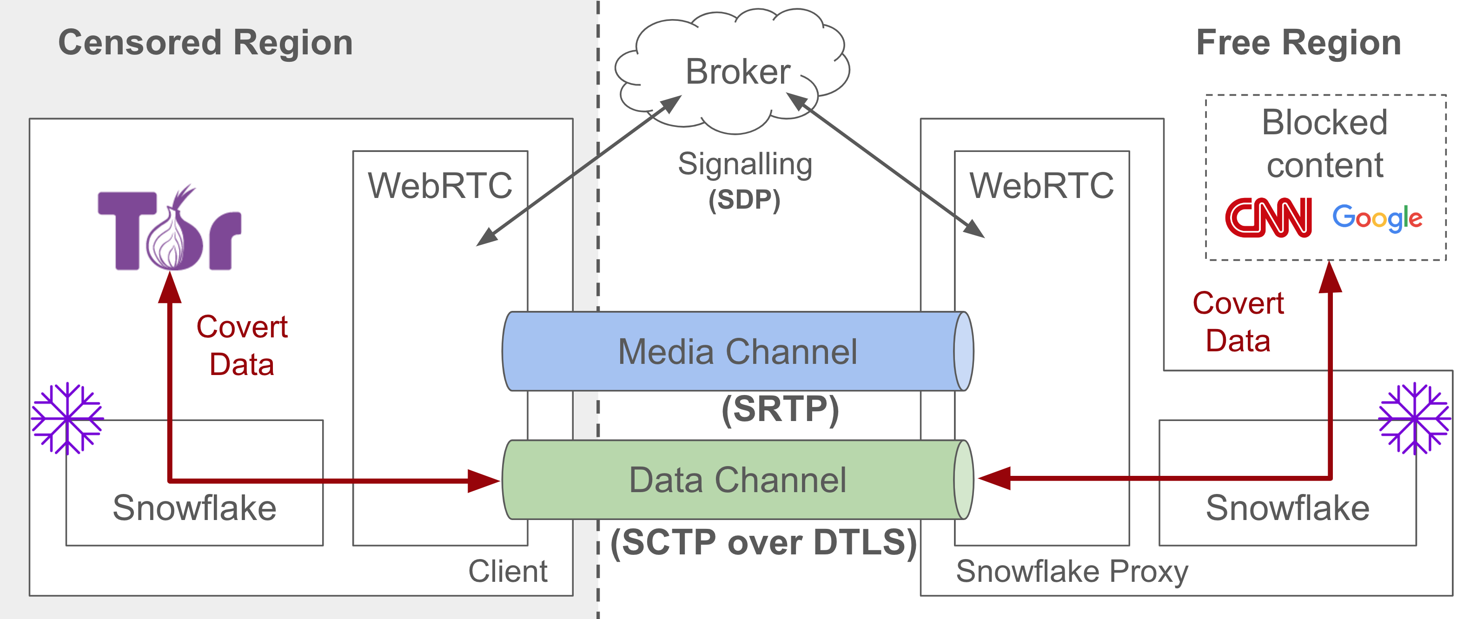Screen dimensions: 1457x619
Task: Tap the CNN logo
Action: (x=1269, y=217)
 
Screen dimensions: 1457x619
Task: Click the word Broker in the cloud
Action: (x=737, y=72)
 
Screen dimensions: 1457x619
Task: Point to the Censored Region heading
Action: (x=206, y=43)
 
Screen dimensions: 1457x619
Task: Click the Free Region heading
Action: (x=1298, y=43)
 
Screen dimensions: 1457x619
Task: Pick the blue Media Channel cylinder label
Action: (x=737, y=352)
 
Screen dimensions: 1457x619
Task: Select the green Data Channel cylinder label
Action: (x=737, y=480)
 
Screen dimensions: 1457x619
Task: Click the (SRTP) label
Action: (x=780, y=408)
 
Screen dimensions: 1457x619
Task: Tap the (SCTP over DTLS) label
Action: (x=763, y=543)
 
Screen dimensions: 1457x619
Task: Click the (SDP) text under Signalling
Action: (x=744, y=199)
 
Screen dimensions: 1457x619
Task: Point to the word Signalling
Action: (x=745, y=165)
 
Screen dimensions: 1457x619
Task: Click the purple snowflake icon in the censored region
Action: (x=68, y=418)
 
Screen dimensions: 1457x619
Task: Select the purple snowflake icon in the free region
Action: (x=1415, y=418)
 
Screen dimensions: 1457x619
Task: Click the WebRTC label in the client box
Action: (x=440, y=185)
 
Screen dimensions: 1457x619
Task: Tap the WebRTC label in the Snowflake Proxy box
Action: (x=1042, y=185)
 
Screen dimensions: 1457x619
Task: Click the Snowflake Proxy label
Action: (x=1072, y=572)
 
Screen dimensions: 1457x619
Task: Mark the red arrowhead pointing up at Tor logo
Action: (x=170, y=287)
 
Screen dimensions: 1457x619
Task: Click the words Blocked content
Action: (x=1325, y=144)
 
